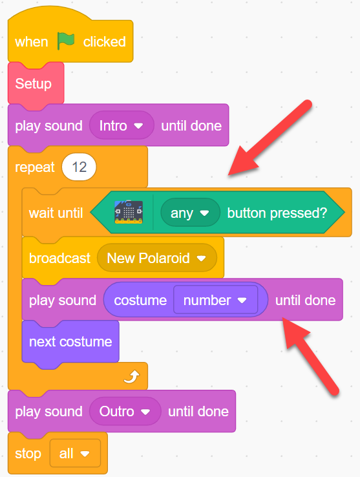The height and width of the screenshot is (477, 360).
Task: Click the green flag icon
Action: click(x=66, y=41)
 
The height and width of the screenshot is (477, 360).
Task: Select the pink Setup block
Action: click(x=36, y=83)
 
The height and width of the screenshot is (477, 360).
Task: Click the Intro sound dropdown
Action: click(x=122, y=125)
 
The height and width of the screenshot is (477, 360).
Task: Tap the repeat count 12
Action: click(x=79, y=167)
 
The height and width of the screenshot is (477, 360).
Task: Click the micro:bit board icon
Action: click(x=129, y=213)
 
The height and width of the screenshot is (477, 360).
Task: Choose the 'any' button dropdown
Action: click(x=190, y=213)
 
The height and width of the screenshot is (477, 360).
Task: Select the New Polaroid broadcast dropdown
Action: click(x=156, y=258)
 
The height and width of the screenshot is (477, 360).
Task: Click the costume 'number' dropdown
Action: click(x=215, y=301)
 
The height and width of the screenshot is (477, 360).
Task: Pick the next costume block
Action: click(x=70, y=342)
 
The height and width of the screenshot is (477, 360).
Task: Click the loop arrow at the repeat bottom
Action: click(x=132, y=377)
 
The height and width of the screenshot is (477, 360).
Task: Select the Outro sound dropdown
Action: click(x=125, y=411)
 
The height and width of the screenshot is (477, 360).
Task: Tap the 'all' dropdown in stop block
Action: click(x=75, y=453)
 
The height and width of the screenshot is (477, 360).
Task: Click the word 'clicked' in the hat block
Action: click(x=104, y=41)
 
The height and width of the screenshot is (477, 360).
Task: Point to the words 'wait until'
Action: click(x=56, y=213)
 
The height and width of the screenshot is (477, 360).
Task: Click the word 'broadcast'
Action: click(x=59, y=259)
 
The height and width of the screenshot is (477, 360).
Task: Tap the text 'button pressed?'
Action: click(x=277, y=213)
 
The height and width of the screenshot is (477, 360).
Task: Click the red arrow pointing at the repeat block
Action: click(x=270, y=138)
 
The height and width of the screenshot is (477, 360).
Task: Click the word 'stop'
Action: click(x=28, y=454)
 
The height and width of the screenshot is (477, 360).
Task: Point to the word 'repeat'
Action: click(x=35, y=167)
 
